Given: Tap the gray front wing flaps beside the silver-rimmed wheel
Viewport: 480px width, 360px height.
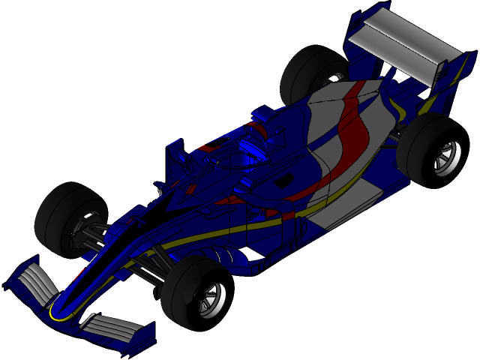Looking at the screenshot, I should (x=109, y=326).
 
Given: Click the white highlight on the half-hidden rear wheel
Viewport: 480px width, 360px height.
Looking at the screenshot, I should (x=334, y=78).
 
